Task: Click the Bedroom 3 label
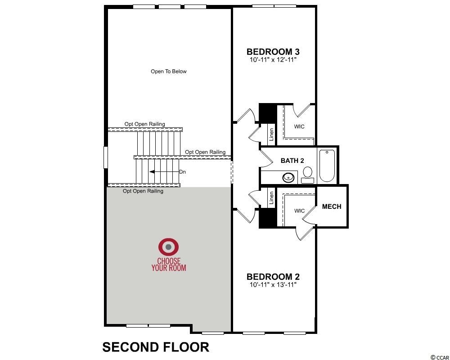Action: [x=273, y=52]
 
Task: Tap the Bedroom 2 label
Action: [x=273, y=277]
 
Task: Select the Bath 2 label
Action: [x=292, y=161]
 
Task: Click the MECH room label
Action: [x=332, y=207]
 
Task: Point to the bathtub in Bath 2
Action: [x=327, y=166]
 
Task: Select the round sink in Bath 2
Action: [x=288, y=178]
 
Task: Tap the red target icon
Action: [x=168, y=247]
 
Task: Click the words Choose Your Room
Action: [x=169, y=265]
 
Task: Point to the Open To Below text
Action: [x=168, y=72]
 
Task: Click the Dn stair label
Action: [x=183, y=172]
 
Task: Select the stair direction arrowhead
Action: [x=152, y=171]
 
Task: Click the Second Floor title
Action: [x=156, y=347]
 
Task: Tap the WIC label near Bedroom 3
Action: [x=299, y=126]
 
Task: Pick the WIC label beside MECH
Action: [x=299, y=211]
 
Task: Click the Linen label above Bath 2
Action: [x=271, y=135]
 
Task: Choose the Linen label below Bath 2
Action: [x=271, y=198]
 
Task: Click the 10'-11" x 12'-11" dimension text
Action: [x=273, y=60]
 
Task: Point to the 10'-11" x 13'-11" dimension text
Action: [x=273, y=285]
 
